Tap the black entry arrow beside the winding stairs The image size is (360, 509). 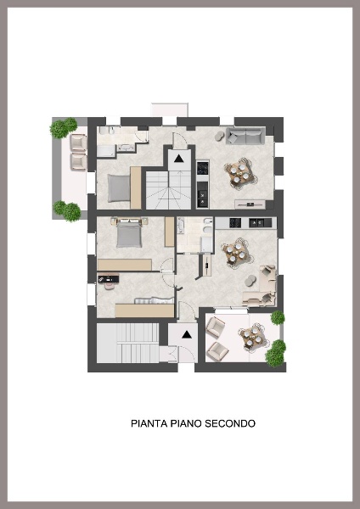point(180,157)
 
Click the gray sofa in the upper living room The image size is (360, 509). point(245,135)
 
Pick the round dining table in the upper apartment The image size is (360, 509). point(239,173)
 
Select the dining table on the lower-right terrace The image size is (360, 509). point(251,338)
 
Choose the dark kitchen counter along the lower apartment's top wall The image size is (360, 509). point(245,222)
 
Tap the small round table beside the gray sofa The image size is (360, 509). point(221,136)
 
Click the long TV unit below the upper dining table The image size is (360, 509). point(253,204)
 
